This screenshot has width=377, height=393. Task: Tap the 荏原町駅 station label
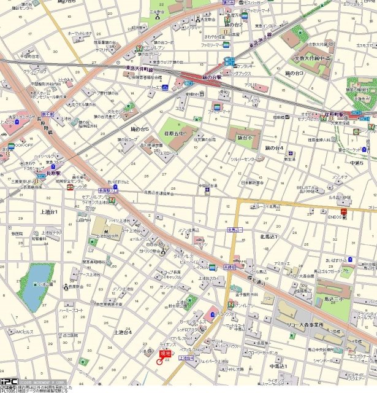pos(337,114)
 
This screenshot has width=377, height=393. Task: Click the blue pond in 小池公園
pos(36,286)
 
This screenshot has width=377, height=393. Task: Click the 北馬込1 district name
pos(268,236)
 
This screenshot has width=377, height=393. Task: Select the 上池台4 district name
pos(123,332)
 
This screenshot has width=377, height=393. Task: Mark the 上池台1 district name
pos(49,212)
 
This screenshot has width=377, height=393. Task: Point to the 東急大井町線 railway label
pos(139,69)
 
